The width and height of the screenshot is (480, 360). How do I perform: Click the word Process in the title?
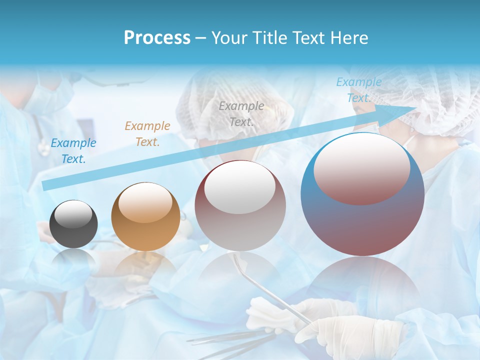point(157,38)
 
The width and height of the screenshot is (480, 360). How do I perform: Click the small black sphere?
point(73,223)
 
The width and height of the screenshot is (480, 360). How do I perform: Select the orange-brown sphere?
point(145,216)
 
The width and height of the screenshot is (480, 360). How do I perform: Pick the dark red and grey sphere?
point(240,205)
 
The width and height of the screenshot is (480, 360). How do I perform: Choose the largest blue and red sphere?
point(362,194)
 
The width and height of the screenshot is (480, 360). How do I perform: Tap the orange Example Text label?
point(147,133)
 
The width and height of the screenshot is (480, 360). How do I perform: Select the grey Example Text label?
point(241,113)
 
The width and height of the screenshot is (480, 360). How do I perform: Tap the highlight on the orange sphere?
point(145,203)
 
